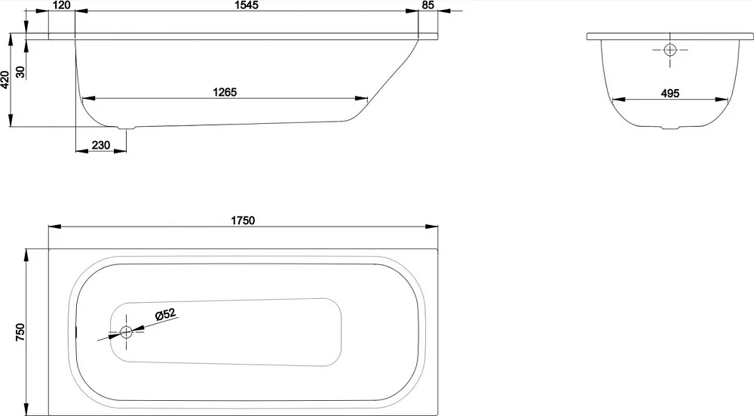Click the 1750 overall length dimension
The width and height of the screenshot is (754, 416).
(x=243, y=220)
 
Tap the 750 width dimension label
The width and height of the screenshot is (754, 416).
(x=20, y=332)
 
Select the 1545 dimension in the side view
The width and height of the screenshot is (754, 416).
(x=246, y=5)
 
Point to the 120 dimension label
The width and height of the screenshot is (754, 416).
(x=62, y=5)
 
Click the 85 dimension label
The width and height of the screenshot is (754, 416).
(x=428, y=5)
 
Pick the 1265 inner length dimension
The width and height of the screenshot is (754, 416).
(x=225, y=92)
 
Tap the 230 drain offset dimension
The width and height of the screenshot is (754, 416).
(x=101, y=145)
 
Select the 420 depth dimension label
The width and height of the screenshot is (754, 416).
(x=5, y=79)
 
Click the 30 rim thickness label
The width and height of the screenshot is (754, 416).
(x=20, y=72)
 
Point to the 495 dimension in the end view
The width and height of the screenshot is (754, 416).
(x=670, y=93)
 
